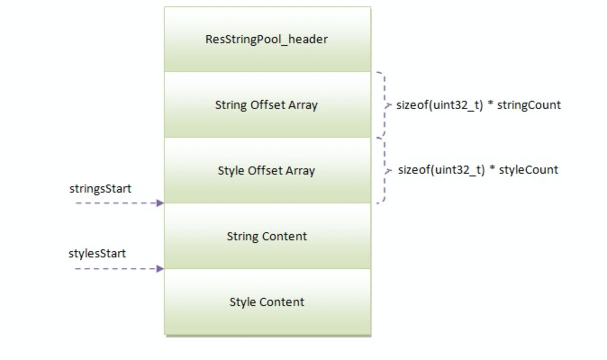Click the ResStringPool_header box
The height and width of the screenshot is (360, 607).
(x=267, y=39)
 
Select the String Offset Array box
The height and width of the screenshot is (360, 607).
(x=267, y=105)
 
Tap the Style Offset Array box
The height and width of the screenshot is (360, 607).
(x=267, y=171)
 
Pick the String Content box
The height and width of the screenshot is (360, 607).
(x=267, y=236)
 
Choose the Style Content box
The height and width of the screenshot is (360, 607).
(x=267, y=301)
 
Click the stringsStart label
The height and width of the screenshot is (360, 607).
(x=100, y=189)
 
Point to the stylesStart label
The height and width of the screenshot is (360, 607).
(x=97, y=253)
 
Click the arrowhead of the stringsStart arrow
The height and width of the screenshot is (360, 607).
(x=160, y=203)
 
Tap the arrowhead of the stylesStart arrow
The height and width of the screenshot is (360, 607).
(x=160, y=269)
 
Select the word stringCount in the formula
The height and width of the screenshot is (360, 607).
(x=529, y=105)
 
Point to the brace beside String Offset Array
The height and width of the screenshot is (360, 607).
(x=384, y=105)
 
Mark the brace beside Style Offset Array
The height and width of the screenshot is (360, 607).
(x=384, y=170)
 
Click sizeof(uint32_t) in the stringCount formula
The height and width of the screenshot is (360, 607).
(x=440, y=105)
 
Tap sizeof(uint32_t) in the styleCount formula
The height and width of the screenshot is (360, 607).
(x=441, y=170)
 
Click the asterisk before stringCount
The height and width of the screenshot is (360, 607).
(x=491, y=104)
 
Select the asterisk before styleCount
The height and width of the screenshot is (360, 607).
(x=493, y=169)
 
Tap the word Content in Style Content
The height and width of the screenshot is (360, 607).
(x=282, y=301)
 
